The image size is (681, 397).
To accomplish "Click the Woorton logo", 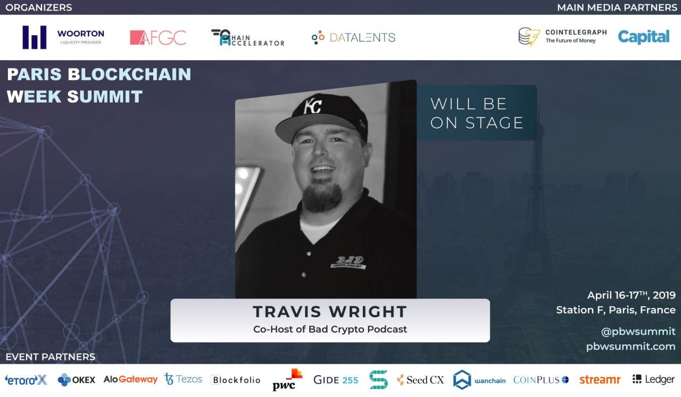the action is click(63, 37).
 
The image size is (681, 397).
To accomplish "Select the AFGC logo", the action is click(158, 38).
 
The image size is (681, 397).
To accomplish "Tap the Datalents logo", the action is click(354, 37).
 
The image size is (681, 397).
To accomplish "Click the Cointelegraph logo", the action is click(562, 37).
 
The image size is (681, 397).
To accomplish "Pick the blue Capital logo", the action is click(644, 37).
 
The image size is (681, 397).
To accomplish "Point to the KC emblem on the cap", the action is click(313, 106).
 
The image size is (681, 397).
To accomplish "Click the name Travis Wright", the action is click(330, 311).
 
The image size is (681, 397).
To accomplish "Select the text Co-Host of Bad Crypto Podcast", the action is click(330, 329).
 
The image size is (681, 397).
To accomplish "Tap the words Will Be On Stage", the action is click(476, 113).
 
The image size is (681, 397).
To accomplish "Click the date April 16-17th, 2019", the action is click(632, 295).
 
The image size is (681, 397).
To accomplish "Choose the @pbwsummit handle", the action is click(638, 332).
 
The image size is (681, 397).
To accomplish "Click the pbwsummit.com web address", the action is click(631, 346).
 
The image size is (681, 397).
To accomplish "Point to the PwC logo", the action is click(287, 379).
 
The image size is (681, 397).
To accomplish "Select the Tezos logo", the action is click(184, 379).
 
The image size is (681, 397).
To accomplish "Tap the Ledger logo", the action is click(653, 379).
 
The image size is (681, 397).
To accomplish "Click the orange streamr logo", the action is click(600, 379).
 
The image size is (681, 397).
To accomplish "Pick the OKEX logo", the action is click(77, 379).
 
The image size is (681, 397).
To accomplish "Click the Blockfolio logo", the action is click(236, 380).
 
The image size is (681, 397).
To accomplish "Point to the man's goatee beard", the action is click(322, 198).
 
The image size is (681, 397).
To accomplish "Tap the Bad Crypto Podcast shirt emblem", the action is click(348, 262).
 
